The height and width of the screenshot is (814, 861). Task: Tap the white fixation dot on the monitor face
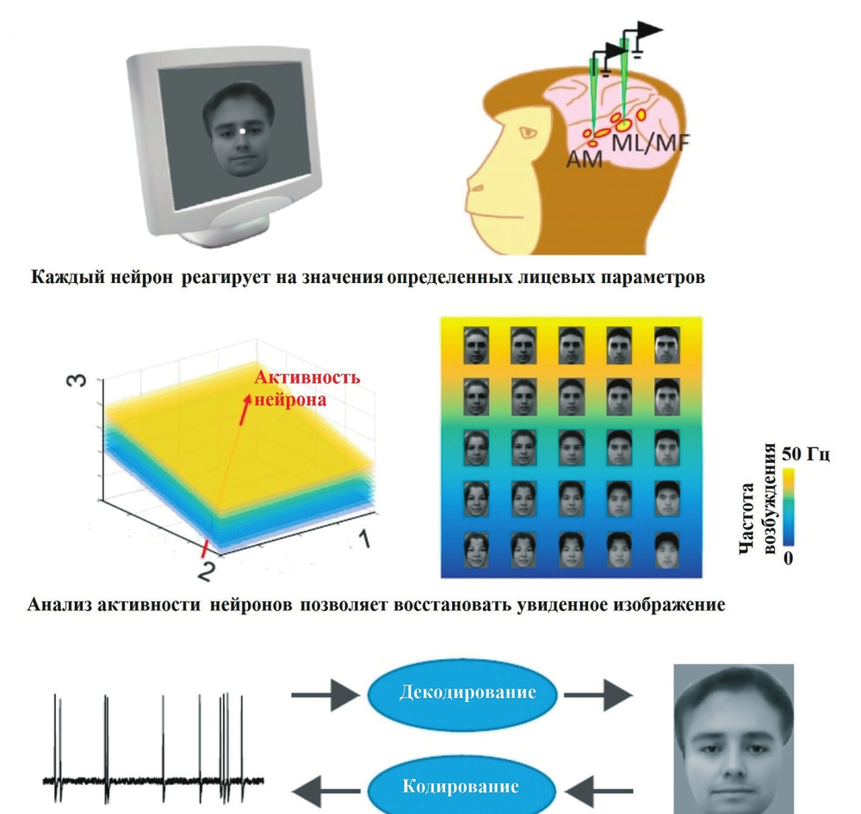click(243, 131)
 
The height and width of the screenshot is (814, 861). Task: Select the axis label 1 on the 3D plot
click(364, 540)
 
